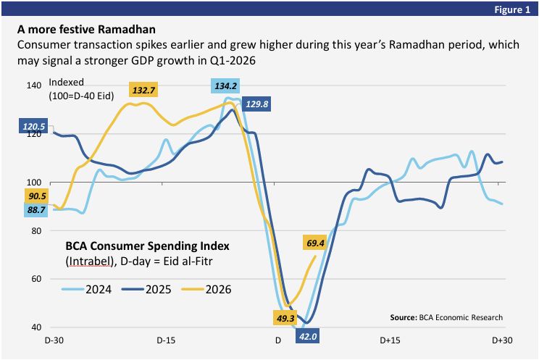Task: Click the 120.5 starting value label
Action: tap(33, 126)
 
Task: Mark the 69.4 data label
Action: tap(314, 243)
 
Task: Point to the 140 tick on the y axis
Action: tap(33, 85)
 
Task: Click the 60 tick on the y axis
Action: tap(36, 279)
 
